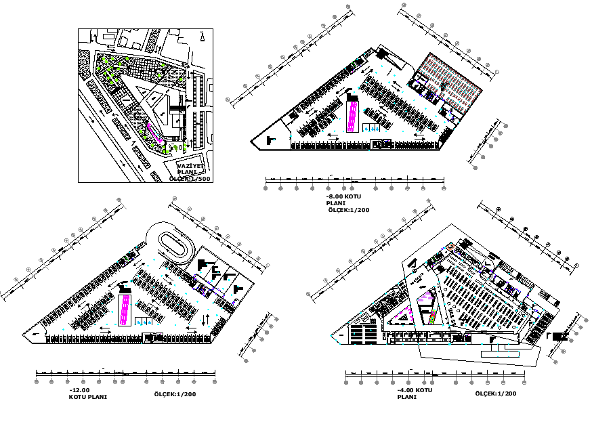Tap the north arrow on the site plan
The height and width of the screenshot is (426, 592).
tap(202, 35)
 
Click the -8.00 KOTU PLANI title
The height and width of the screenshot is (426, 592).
tap(343, 199)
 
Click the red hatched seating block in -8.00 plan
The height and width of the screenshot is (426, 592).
tap(448, 81)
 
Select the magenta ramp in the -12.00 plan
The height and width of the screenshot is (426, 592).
tap(124, 308)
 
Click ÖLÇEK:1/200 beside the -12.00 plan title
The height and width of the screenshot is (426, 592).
tap(175, 394)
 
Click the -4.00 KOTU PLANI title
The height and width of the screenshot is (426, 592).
tap(415, 394)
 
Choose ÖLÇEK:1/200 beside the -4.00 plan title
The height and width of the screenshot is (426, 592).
tap(495, 394)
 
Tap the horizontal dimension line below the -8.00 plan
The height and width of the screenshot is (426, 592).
tap(355, 181)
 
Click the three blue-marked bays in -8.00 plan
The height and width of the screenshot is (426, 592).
tap(371, 127)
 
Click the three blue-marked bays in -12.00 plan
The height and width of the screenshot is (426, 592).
tap(144, 311)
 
